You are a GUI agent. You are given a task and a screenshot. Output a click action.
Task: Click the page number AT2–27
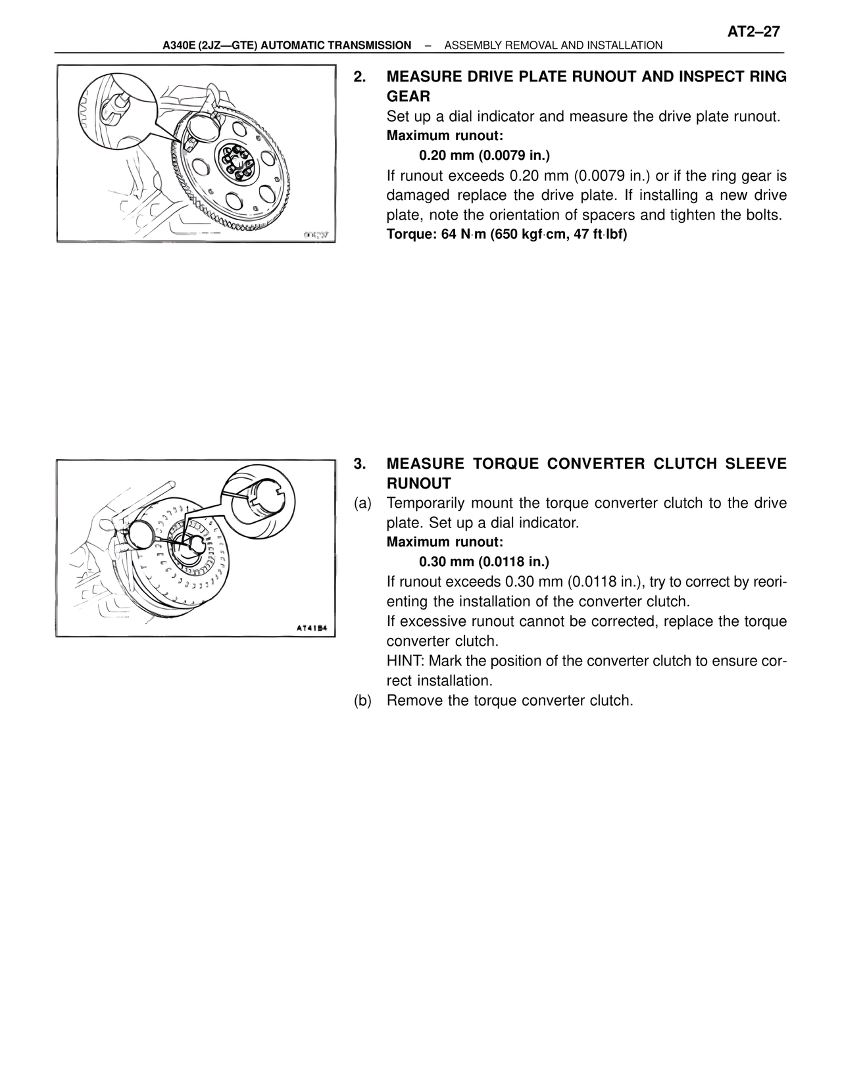(x=753, y=32)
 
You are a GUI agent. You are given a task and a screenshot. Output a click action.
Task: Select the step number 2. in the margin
(x=359, y=77)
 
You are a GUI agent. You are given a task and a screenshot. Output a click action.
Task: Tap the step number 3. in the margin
(x=359, y=464)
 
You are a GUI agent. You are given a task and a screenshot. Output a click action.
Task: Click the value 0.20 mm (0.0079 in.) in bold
(x=484, y=156)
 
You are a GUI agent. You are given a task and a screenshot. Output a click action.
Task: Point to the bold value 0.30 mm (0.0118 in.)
(x=483, y=562)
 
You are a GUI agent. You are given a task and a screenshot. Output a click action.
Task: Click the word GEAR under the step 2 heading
(x=408, y=97)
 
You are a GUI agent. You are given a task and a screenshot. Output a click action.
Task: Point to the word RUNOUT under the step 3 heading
(x=418, y=483)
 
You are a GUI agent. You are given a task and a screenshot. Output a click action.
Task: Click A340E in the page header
(x=179, y=45)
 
